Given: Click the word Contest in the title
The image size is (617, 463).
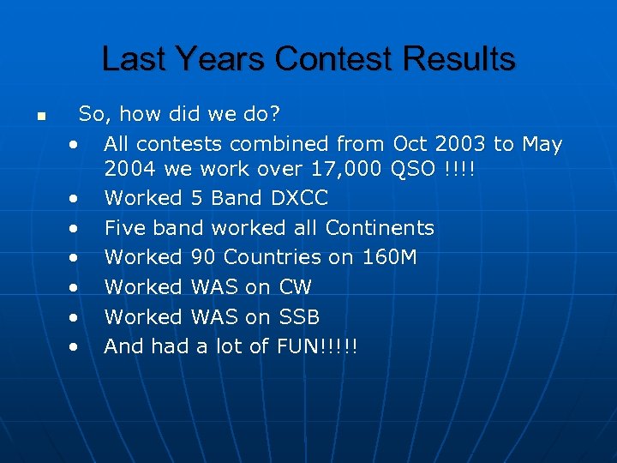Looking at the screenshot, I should pos(326,59).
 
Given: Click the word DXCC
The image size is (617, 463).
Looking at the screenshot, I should pos(299,198).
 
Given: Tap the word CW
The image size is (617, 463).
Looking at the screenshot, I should pos(296,287).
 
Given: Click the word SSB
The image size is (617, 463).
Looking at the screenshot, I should pos(299,317).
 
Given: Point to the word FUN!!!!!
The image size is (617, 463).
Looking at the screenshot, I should pos(317,346).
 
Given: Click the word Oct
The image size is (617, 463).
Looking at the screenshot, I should pos(410,144).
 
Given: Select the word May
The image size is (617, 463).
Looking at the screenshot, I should pos(542,144).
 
